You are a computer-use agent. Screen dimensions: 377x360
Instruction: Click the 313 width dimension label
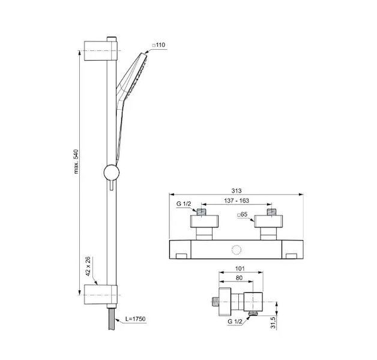coord(237,191)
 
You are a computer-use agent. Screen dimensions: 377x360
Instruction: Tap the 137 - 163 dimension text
coord(237,200)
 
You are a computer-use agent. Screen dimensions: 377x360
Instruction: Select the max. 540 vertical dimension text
coord(76,161)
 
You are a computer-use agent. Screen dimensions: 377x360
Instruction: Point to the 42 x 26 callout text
coord(88,266)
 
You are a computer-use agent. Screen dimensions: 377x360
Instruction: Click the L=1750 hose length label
coord(135,319)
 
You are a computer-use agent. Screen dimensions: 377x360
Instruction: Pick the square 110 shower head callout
coord(158,45)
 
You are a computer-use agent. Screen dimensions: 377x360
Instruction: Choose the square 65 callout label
coord(242,214)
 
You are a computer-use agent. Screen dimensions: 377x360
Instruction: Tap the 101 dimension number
coord(240,268)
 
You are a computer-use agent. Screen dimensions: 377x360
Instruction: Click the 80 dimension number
coord(239,278)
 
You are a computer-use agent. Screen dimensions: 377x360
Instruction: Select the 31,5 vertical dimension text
coord(273,323)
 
